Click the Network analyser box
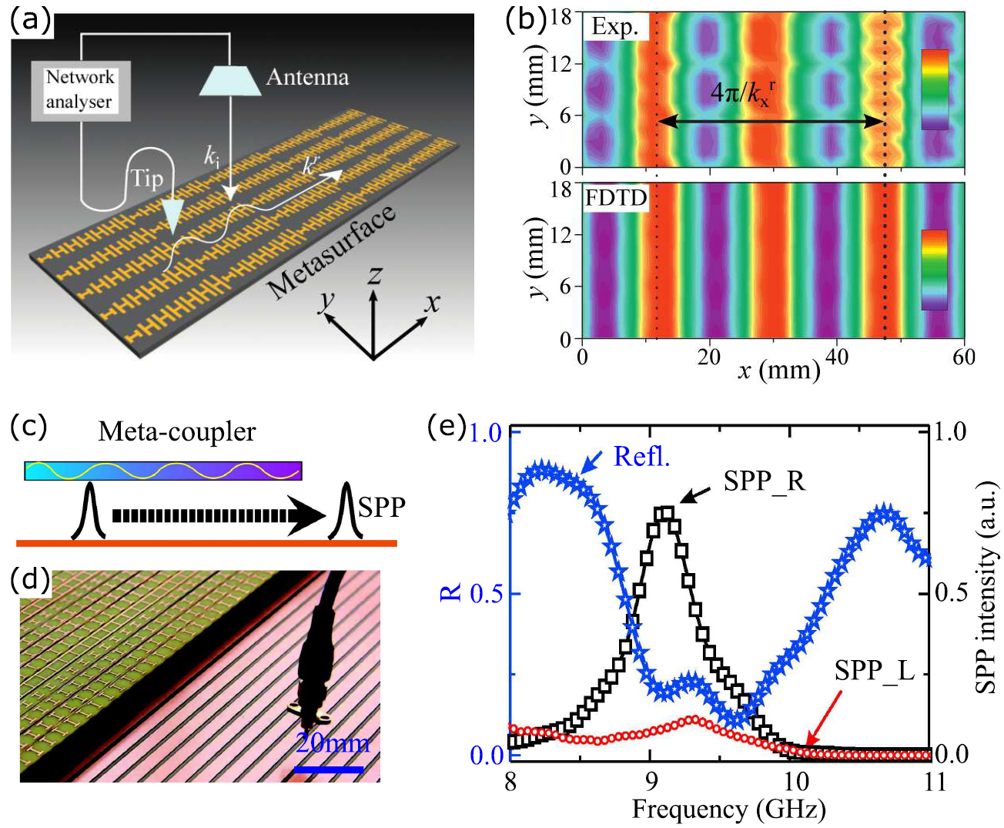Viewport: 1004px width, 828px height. click(x=80, y=90)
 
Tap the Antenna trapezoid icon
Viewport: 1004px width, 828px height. click(x=229, y=79)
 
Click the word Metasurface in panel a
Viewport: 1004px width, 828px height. click(x=332, y=252)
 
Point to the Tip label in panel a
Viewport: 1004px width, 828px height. click(x=146, y=179)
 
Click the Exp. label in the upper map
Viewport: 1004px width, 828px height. click(x=614, y=28)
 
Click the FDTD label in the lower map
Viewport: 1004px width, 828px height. click(x=616, y=198)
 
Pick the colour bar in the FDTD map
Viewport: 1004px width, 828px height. click(x=934, y=270)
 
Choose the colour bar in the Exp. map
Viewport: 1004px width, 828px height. click(x=934, y=89)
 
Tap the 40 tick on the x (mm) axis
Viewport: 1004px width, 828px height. click(x=837, y=357)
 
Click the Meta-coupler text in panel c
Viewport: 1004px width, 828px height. click(x=176, y=432)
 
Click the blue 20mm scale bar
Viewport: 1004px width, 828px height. click(x=328, y=769)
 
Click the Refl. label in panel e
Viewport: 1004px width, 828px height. click(x=641, y=457)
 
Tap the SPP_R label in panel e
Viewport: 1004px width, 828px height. click(x=764, y=481)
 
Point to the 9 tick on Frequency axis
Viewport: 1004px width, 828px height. click(x=651, y=782)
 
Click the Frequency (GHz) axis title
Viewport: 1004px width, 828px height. click(x=728, y=810)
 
